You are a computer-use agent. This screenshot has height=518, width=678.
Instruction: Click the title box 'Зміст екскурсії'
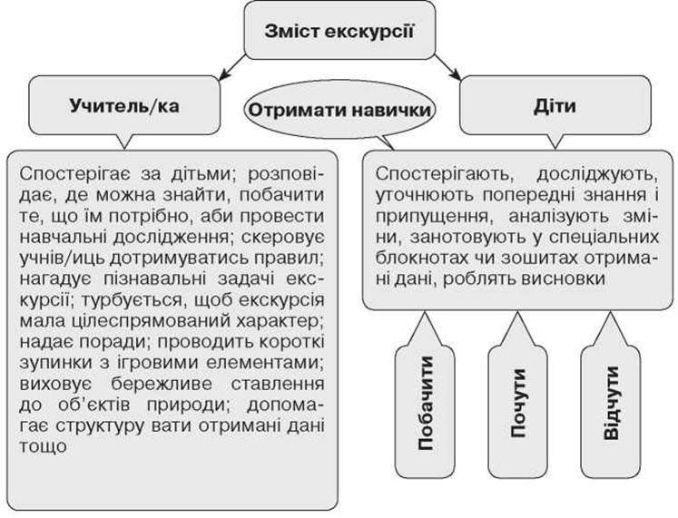click(339, 30)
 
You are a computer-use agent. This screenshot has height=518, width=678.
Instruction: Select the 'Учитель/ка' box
click(124, 105)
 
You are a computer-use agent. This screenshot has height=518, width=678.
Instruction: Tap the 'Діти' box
click(555, 105)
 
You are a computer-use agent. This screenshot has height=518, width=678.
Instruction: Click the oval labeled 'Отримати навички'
click(339, 110)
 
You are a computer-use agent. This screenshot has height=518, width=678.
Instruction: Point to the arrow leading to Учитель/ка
click(232, 68)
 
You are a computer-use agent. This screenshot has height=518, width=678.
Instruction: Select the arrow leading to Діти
click(447, 68)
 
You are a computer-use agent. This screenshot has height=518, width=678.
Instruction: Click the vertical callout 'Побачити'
click(425, 403)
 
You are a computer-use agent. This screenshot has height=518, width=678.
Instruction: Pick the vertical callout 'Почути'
click(517, 403)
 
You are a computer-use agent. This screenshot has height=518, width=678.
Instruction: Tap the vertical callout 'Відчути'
click(611, 403)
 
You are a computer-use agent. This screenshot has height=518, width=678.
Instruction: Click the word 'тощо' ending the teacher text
click(43, 446)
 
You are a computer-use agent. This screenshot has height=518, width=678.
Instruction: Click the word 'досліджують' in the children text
click(597, 174)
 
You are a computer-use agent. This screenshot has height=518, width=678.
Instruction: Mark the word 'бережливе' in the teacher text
click(161, 384)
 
